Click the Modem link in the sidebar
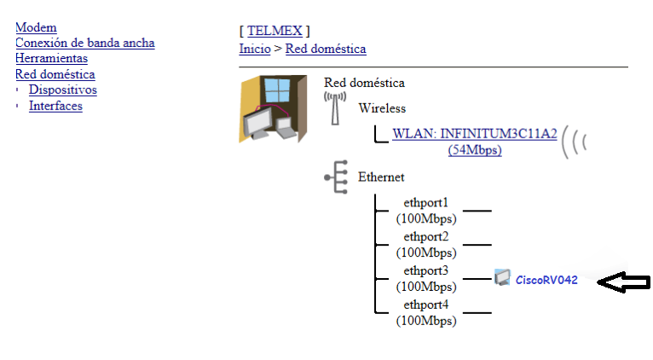coord(36,28)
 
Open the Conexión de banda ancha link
coord(85,43)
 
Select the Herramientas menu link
coord(51,58)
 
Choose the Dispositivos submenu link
coord(62,90)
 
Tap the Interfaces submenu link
coord(55,106)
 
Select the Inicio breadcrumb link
coord(254,49)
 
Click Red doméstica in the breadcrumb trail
coord(326,49)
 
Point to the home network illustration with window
coord(272,108)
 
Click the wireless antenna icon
coord(334,107)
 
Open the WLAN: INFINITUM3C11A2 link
coord(474,133)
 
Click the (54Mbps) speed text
coord(474,150)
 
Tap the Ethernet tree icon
coord(335,177)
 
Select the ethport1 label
coord(425,203)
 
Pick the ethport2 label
coord(425,236)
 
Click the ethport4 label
coord(425,305)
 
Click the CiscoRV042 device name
coord(546,280)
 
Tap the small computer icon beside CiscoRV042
coord(502,277)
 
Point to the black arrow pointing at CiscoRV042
coord(623,282)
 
